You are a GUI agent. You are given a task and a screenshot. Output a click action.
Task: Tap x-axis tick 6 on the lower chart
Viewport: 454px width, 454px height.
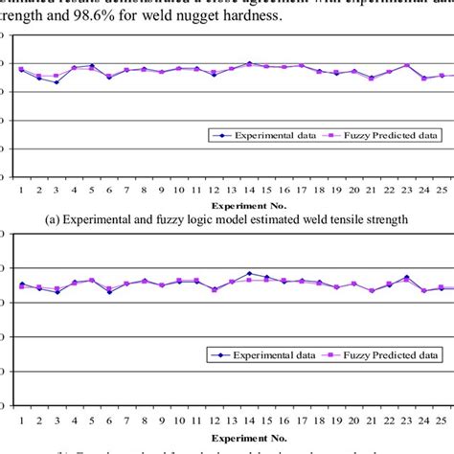pos(109,420)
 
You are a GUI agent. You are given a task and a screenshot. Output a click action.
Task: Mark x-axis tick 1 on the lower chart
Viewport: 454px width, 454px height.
pos(21,420)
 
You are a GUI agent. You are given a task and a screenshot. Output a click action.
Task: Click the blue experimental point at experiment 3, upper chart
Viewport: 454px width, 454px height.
pos(57,82)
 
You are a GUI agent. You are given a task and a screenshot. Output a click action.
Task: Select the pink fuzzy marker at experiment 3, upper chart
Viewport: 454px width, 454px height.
pos(57,76)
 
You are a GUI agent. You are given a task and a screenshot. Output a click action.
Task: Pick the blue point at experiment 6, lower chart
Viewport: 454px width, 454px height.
pos(109,291)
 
